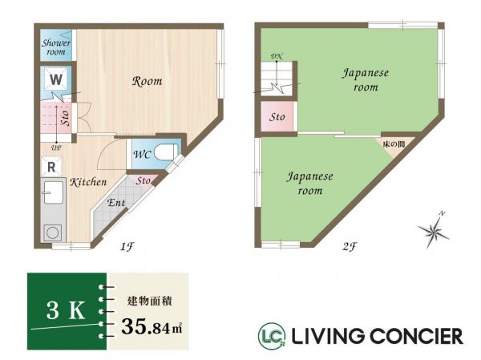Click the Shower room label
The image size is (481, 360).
pyautogui.click(x=56, y=47)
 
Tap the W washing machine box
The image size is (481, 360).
pyautogui.click(x=55, y=80)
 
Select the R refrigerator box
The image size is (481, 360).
pyautogui.click(x=50, y=167)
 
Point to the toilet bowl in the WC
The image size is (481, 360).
pyautogui.click(x=165, y=152)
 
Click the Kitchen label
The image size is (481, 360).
pyautogui.click(x=88, y=183)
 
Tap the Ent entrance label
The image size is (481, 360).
pyautogui.click(x=115, y=203)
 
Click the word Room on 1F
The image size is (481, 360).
pyautogui.click(x=148, y=81)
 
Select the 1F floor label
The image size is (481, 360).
pyautogui.click(x=126, y=247)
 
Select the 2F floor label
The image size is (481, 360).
pyautogui.click(x=348, y=247)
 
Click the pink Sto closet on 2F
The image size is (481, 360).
pyautogui.click(x=277, y=118)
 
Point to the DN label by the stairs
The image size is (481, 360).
pyautogui.click(x=277, y=55)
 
